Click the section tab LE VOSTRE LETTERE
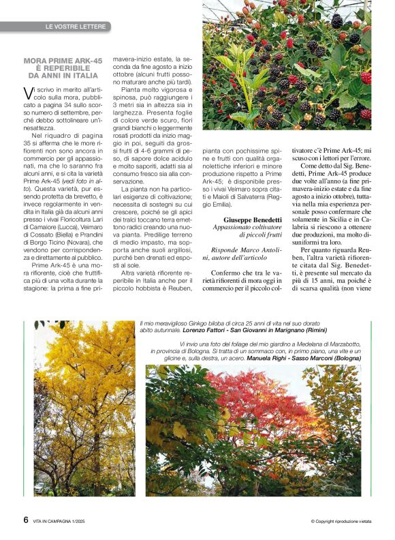[75, 27]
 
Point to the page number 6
[26, 519]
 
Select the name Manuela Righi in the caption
[272, 357]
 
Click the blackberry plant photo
[287, 65]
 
